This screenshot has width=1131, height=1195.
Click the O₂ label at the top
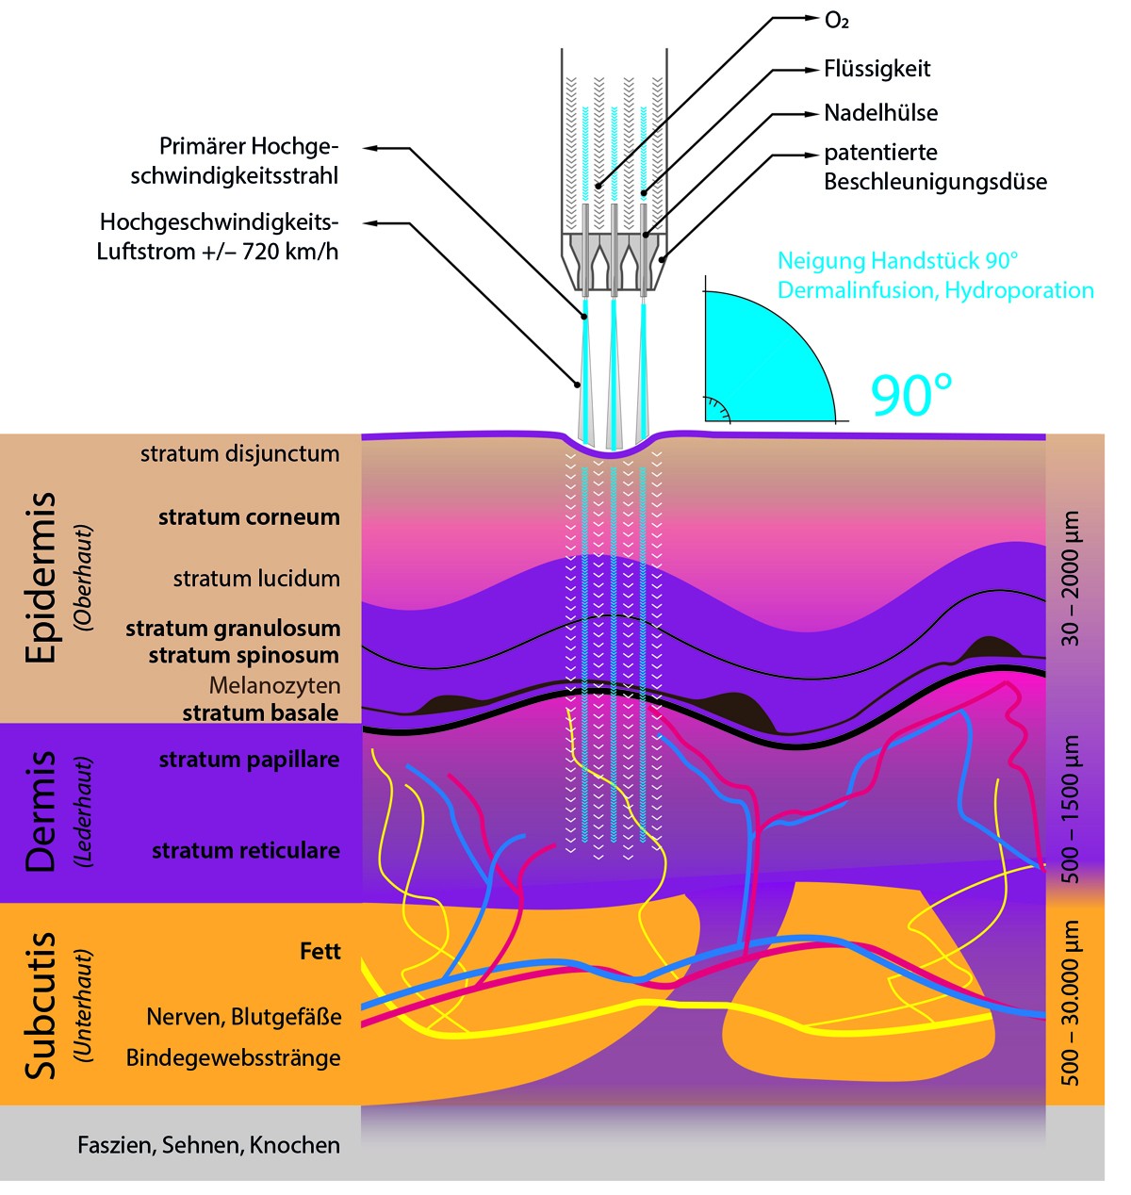(837, 21)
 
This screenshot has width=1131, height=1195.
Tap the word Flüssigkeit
(877, 69)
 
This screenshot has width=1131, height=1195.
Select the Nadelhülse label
(880, 113)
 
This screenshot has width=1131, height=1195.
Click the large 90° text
(910, 396)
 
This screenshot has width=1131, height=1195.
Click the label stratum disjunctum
(239, 453)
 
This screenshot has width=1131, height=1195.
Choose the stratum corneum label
(249, 516)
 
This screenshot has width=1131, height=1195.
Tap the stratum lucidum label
(256, 579)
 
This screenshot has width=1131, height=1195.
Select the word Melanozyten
(274, 685)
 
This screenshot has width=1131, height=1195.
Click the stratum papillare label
(249, 760)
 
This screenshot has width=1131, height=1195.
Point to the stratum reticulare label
(245, 851)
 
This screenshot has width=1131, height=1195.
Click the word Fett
(320, 952)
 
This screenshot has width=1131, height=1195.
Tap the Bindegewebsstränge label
(233, 1057)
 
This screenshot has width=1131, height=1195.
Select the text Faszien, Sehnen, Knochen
(208, 1145)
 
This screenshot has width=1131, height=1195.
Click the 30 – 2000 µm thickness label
(1072, 578)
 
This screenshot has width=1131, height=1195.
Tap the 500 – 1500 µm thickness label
(1072, 809)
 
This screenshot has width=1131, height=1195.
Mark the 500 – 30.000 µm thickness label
(1072, 1002)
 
